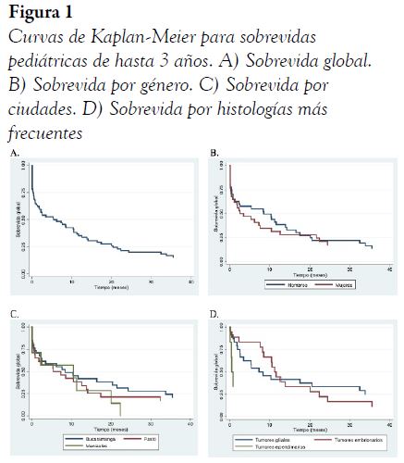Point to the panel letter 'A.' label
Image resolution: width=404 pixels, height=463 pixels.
pyautogui.click(x=14, y=151)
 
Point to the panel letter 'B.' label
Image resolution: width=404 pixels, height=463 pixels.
pyautogui.click(x=215, y=151)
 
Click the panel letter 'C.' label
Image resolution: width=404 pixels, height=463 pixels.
pyautogui.click(x=14, y=315)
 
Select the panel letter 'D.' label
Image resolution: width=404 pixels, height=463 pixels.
pyautogui.click(x=215, y=315)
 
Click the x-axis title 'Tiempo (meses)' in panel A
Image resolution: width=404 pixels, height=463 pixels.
pyautogui.click(x=111, y=288)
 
